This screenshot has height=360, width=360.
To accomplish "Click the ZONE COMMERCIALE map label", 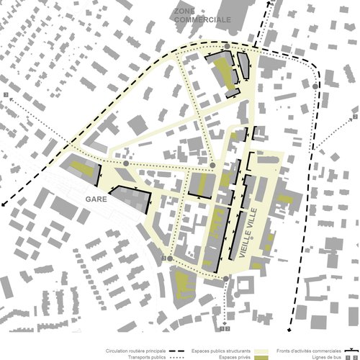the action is (202, 17).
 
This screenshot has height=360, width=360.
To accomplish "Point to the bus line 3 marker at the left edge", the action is (5, 95).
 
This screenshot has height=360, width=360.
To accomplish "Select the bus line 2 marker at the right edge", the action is (355, 117).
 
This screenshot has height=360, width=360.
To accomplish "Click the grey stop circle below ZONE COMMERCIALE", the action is (227, 47).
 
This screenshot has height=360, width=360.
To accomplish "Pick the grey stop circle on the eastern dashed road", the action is (317, 87).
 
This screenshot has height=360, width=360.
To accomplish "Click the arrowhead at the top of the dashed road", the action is (271, 3).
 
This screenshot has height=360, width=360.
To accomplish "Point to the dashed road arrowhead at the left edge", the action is (4, 204).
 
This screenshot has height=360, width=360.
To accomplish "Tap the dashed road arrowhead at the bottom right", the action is (290, 322).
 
